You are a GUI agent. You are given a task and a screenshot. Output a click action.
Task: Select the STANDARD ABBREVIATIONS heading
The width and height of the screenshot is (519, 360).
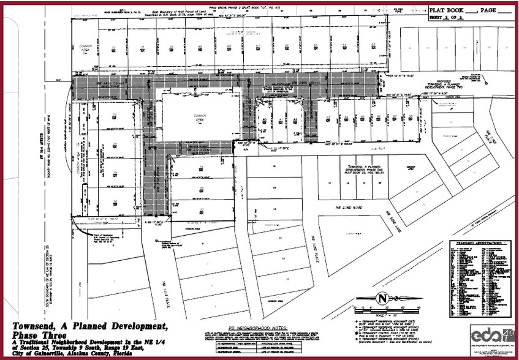point(477,243)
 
